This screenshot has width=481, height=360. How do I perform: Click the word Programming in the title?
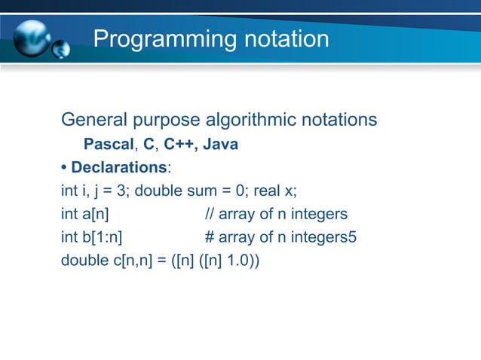pyautogui.click(x=158, y=38)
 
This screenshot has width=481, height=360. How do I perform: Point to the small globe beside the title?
pyautogui.click(x=61, y=50)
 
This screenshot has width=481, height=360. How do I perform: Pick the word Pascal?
pyautogui.click(x=107, y=144)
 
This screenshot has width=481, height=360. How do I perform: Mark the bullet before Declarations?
pyautogui.click(x=64, y=166)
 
